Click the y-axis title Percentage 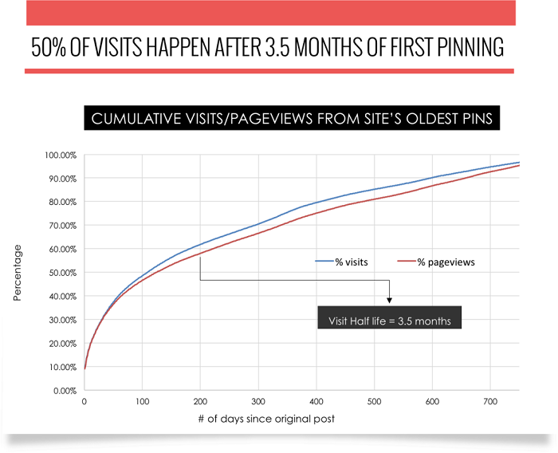(x=18, y=273)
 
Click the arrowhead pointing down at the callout (x=390, y=300)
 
